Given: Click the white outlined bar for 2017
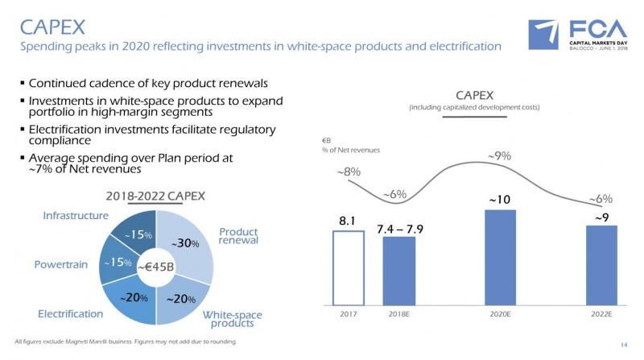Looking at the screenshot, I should coord(348,268).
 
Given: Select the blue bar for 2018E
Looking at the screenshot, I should coord(398,271).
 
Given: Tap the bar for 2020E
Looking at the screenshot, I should coord(500,258).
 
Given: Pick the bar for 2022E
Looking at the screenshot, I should coord(601,266).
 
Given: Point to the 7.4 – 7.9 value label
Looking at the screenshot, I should coord(399,230).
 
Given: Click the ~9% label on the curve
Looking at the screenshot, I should coord(499,156).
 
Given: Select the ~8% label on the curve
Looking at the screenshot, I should coord(348,172).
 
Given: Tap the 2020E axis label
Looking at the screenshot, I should coord(500,316).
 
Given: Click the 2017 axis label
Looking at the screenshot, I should coord(348,316).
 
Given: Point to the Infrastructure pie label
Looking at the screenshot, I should coord(76,216).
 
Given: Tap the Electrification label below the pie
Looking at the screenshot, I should coord(71,313).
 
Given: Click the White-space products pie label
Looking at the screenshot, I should coord(232,319).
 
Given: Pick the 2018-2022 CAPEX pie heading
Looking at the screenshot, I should coord(156,196).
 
